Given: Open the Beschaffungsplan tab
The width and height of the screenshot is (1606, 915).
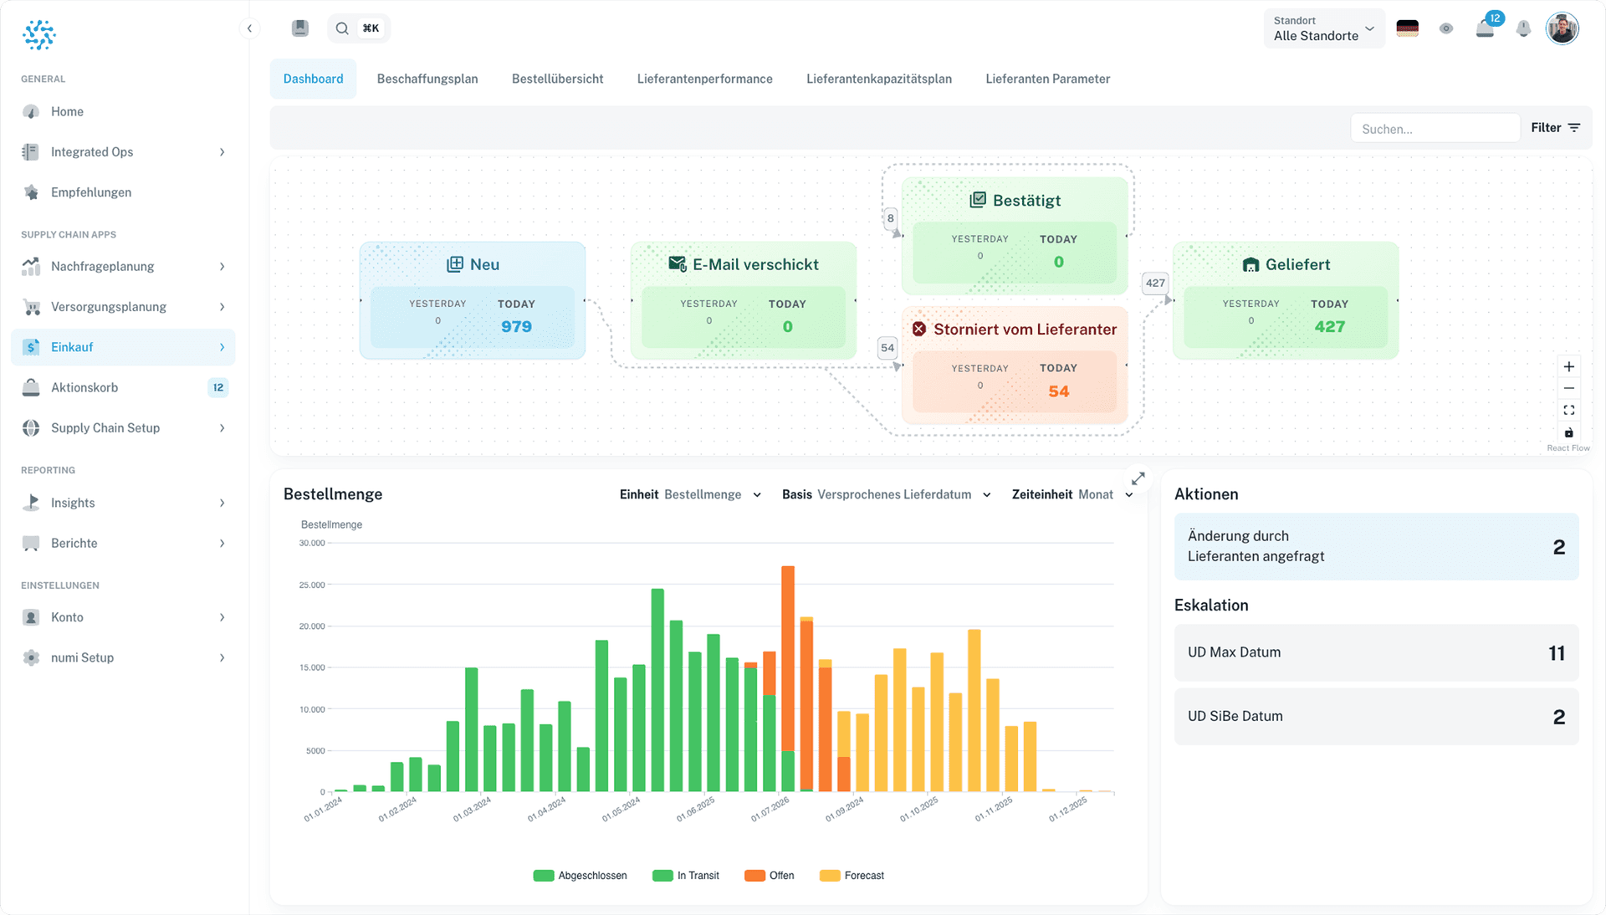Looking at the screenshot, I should coord(427,79).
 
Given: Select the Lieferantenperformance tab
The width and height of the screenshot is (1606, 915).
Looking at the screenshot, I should coord(704,79).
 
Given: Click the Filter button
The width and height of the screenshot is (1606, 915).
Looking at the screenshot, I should coord(1555,128).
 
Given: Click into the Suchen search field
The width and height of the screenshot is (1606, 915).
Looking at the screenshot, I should coord(1434,129).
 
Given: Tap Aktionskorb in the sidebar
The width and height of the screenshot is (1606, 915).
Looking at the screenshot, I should coord(84,387).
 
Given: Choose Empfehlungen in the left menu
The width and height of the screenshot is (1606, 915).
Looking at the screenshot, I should coord(90,192).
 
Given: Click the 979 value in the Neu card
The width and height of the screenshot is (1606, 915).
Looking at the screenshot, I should coord(516,326).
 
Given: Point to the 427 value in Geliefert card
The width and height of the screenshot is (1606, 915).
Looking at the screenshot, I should coord(1329,326).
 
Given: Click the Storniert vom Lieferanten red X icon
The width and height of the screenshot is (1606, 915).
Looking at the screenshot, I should coord(918,329).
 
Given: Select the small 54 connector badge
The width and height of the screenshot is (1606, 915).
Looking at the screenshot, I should coord(887,348).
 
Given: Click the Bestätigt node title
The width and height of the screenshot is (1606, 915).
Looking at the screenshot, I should coord(1025,200).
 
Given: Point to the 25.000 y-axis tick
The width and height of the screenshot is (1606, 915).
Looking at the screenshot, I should coord(312,585).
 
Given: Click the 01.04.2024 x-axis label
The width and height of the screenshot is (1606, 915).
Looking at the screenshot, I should coord(546,810).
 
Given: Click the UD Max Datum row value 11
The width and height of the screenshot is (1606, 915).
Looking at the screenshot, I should coord(1556,653).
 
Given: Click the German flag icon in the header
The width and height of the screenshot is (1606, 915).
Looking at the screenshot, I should coord(1408,28).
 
